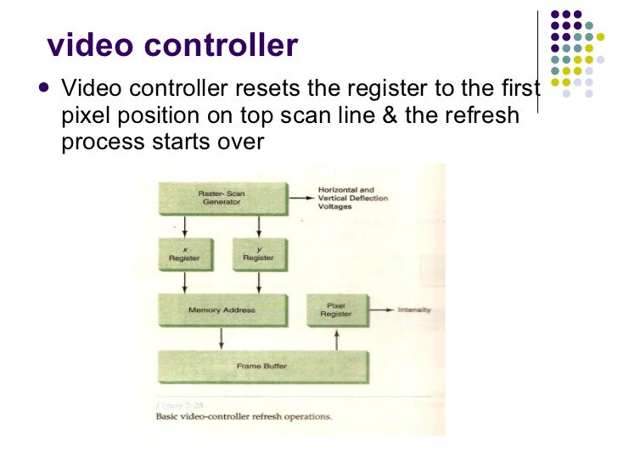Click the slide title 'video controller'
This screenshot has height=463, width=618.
pos(172,46)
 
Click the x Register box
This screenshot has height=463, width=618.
pos(184,254)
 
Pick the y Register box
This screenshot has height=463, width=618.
pos(259,254)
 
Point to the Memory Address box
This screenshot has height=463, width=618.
pos(222,310)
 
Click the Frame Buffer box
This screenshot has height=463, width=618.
pos(262,366)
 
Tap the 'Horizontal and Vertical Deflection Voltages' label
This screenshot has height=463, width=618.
pos(351,198)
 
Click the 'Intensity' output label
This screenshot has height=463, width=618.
pos(414,310)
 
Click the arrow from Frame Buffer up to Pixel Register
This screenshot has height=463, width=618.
pos(338,339)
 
